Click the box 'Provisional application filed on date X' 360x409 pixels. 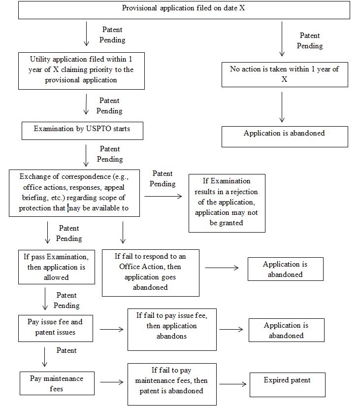coord(184,10)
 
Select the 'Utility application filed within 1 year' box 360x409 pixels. coord(81,70)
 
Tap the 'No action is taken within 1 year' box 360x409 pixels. coord(284,74)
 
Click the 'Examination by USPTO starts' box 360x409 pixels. coord(82,129)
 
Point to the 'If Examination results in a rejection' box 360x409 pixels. coord(227,203)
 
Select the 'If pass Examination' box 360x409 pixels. coord(57,267)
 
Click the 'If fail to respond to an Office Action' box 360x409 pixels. coord(150,272)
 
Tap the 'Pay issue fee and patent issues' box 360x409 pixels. coord(56,327)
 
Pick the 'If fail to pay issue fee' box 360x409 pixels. coord(172,328)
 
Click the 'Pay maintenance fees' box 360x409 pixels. coord(56,383)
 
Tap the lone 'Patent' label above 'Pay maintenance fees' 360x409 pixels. coord(66,351)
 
